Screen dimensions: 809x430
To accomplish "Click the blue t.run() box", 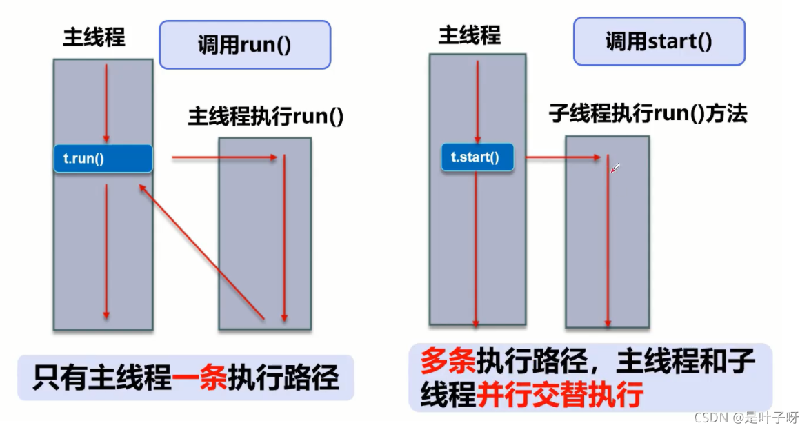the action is coord(103,159).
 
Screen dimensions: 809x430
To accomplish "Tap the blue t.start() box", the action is coord(478,157).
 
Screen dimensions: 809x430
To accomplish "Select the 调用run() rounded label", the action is coord(245,45).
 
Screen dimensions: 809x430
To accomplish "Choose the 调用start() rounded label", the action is coord(659,42).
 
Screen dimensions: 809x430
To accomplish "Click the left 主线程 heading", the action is coord(94,37).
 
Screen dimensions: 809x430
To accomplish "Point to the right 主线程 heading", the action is coord(469,35).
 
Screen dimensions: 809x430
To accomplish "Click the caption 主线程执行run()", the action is coord(266,117).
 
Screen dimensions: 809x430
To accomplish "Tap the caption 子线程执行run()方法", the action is coord(648,113).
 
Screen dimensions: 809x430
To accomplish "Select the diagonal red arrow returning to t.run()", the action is coord(201,251).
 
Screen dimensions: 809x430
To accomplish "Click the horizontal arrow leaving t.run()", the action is coord(224,158).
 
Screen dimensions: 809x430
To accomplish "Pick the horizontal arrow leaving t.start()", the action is coord(563,158).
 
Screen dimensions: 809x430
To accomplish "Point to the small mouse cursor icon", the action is coord(616,167).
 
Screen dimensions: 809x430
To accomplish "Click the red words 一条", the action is coord(199,379).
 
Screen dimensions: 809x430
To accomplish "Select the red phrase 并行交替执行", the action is coord(559,395).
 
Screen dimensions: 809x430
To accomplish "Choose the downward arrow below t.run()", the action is coord(106,252).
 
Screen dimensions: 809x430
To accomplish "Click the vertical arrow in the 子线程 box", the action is coord(608,242).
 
